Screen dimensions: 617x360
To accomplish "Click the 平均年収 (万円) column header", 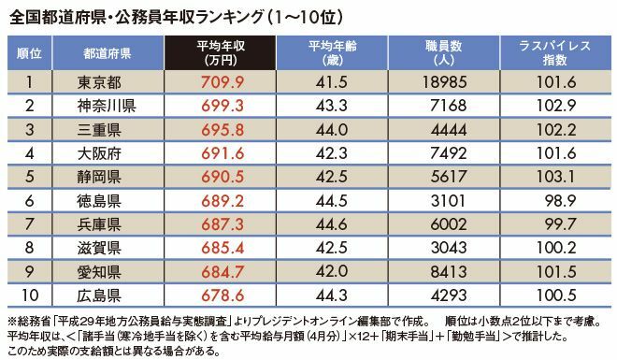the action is (221, 52).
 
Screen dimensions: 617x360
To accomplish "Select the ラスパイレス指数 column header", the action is (555, 52).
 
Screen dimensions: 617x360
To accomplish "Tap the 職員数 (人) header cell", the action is (443, 52).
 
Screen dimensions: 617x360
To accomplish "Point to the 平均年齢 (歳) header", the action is (332, 52).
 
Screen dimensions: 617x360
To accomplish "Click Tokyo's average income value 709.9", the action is (222, 82).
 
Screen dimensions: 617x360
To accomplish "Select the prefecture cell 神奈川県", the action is (107, 106).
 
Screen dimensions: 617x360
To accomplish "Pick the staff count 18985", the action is (445, 82).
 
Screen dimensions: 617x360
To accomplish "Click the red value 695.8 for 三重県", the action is (222, 130).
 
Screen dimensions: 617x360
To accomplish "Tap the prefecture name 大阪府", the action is (99, 153).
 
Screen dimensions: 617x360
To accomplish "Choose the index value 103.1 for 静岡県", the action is (556, 177).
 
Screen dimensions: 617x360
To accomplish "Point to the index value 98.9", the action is (560, 201).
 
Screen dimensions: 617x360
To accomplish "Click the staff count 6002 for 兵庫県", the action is (448, 224).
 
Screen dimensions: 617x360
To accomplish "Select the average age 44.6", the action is (331, 224).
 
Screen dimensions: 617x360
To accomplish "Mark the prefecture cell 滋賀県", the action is (99, 249).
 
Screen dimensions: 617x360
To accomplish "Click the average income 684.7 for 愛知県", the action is (222, 272).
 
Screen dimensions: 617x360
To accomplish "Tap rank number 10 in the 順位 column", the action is (30, 295).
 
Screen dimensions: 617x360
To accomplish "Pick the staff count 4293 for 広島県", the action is (448, 295).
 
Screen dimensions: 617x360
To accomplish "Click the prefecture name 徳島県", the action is (99, 201).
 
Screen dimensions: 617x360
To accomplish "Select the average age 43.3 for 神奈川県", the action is (331, 106).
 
